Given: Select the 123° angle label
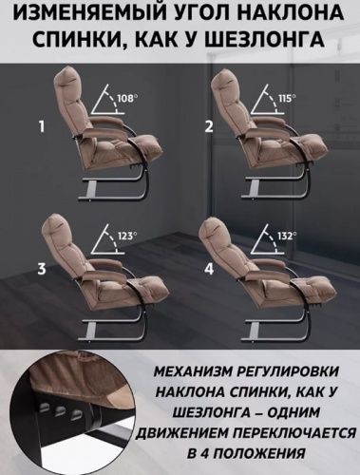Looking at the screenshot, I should point(126,235).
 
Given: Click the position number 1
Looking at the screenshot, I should point(41,124).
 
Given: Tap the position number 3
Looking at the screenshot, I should point(41,269).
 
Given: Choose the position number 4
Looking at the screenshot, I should point(205,269).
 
